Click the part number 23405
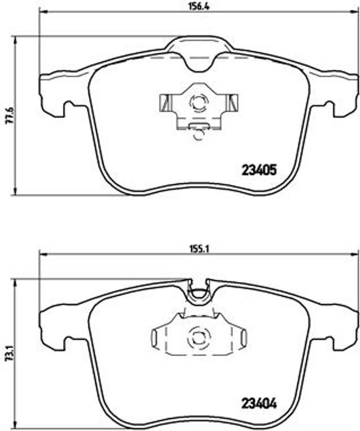click(259, 170)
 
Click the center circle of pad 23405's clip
click(198, 102)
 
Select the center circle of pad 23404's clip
click(198, 337)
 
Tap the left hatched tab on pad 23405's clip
click(166, 102)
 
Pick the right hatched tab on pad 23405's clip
click(232, 102)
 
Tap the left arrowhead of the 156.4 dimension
click(41, 12)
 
